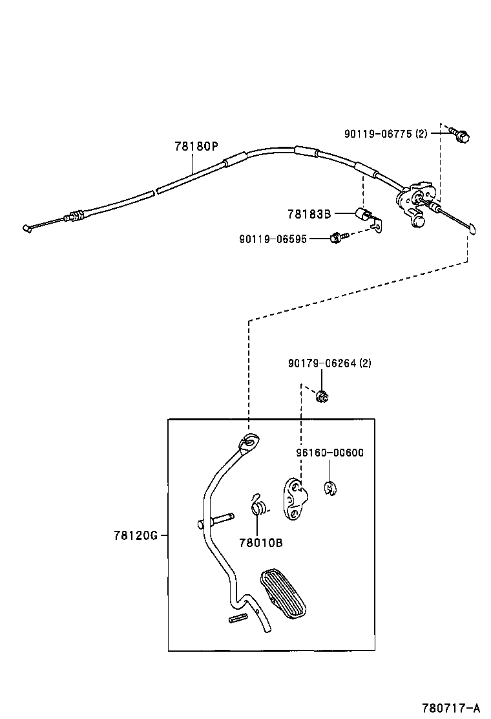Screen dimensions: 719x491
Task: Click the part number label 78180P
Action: [196, 146]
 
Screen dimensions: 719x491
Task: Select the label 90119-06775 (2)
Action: [385, 134]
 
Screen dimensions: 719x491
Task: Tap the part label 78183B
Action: [309, 213]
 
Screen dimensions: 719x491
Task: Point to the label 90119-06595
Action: [274, 239]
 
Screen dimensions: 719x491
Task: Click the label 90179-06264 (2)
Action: [329, 363]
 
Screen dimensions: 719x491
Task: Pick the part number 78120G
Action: [136, 535]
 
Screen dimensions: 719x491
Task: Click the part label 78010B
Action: [260, 542]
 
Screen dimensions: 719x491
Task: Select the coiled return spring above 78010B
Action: [258, 504]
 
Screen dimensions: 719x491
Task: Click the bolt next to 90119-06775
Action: [462, 135]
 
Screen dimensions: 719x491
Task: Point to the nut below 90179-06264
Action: [322, 396]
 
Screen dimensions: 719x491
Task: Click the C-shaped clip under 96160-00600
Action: [331, 489]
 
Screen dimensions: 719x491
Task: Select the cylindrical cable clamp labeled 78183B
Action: [362, 213]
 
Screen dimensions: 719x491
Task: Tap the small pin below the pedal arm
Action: [238, 619]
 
